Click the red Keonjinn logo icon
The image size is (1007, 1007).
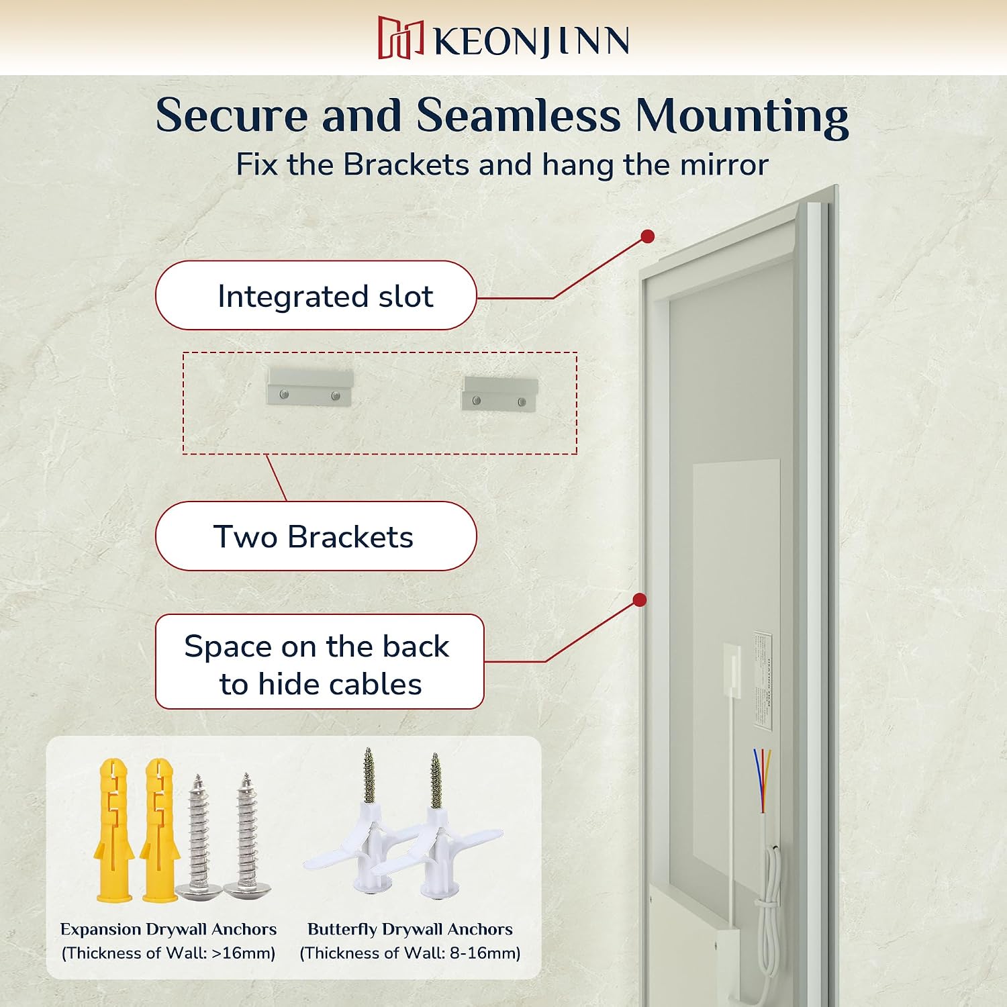coord(401,38)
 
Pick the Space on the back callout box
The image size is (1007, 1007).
coord(320,662)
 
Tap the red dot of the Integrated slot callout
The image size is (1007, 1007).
coord(648,236)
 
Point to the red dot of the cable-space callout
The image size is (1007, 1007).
coord(640,600)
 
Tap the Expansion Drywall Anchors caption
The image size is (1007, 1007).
coord(169,929)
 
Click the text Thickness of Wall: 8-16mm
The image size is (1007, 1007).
coord(410,953)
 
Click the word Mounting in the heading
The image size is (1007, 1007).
coord(742,117)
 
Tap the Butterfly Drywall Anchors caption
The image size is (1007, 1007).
coord(410,929)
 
